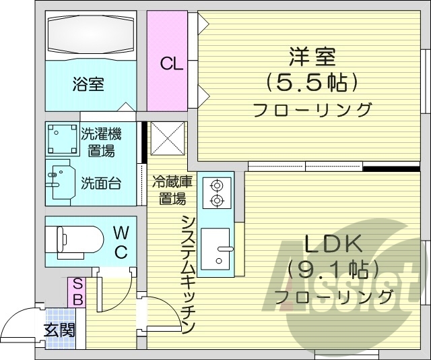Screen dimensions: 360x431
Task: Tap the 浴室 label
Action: (x=88, y=85)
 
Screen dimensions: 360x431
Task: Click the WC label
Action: (x=121, y=242)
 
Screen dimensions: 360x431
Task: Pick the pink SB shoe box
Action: (x=77, y=292)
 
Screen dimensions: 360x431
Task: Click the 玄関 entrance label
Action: (x=59, y=330)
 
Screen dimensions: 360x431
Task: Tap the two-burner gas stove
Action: (x=217, y=191)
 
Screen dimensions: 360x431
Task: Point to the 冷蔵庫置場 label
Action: (x=173, y=189)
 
